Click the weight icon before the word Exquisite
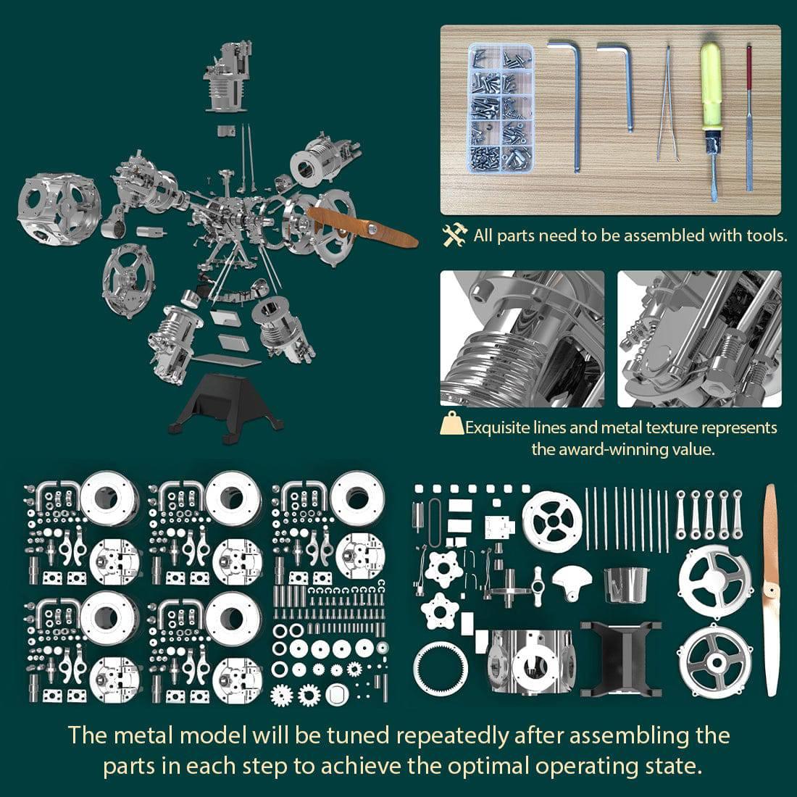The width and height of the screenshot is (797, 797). pyautogui.click(x=452, y=425)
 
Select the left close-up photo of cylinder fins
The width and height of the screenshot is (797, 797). pyautogui.click(x=522, y=338)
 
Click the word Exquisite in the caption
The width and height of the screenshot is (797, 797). pyautogui.click(x=507, y=427)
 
